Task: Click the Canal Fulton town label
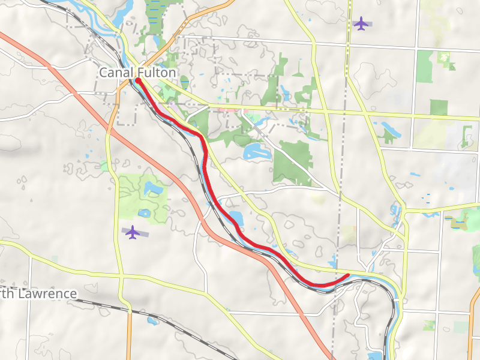137,73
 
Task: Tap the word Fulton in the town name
159,73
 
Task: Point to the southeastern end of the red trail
347,275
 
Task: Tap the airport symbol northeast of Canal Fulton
361,24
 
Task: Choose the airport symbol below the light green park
132,232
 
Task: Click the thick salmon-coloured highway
180,180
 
